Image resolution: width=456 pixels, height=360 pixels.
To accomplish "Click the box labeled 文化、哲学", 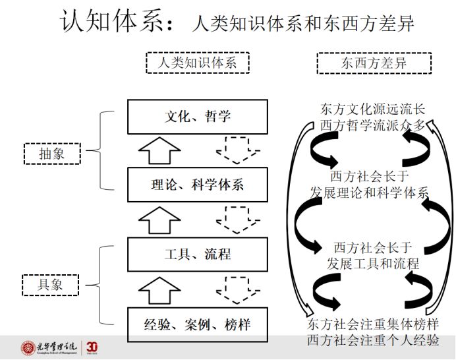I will [197, 117].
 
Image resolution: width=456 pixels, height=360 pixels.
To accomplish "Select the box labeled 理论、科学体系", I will [197, 184].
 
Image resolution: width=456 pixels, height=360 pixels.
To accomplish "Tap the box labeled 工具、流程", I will [197, 254].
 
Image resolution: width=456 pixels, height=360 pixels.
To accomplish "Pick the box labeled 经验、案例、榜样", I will [197, 324].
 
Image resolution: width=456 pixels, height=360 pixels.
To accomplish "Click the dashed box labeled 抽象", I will [51, 154].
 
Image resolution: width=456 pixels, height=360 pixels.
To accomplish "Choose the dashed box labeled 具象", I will [51, 285].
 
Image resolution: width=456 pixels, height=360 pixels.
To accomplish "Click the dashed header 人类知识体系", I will [197, 63].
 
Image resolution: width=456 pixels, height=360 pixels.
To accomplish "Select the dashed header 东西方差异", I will [374, 63].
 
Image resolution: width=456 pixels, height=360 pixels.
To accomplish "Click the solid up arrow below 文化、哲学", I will [159, 151].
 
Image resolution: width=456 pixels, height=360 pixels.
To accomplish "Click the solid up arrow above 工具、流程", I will [159, 220].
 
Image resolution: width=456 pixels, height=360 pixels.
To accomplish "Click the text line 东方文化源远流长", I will [373, 109].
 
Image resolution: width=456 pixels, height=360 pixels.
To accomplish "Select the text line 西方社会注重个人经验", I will [372, 340].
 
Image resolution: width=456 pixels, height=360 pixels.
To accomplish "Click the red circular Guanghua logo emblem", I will [29, 347].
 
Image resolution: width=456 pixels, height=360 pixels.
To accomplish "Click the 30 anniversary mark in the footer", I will [92, 347].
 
